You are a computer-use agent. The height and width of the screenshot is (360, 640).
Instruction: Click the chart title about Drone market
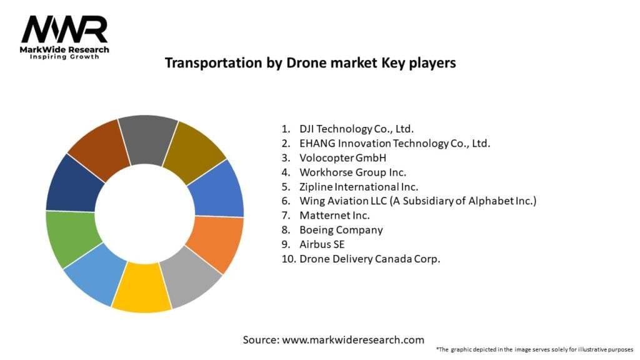point(310,63)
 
